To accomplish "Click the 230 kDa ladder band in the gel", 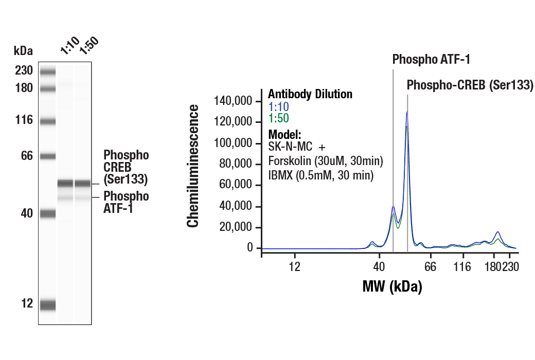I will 48,71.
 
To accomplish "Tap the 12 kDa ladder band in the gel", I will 48,305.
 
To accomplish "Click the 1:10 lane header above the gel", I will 69,47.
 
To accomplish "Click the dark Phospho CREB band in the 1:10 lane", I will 65,183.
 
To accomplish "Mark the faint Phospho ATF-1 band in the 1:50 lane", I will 82,198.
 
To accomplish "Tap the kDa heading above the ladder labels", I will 23,51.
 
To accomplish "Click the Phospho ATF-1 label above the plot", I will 431,60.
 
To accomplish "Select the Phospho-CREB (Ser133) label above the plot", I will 470,85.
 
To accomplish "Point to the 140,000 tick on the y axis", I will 235,101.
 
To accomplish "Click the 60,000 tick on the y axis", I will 238,185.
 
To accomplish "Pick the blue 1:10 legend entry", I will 279,106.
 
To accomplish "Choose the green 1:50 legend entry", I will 279,118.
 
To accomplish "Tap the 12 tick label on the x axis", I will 294,266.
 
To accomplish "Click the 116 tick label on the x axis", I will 463,266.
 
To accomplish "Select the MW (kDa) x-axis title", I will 392,286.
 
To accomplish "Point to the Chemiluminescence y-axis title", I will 193,166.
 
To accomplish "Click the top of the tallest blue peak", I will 407,112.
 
